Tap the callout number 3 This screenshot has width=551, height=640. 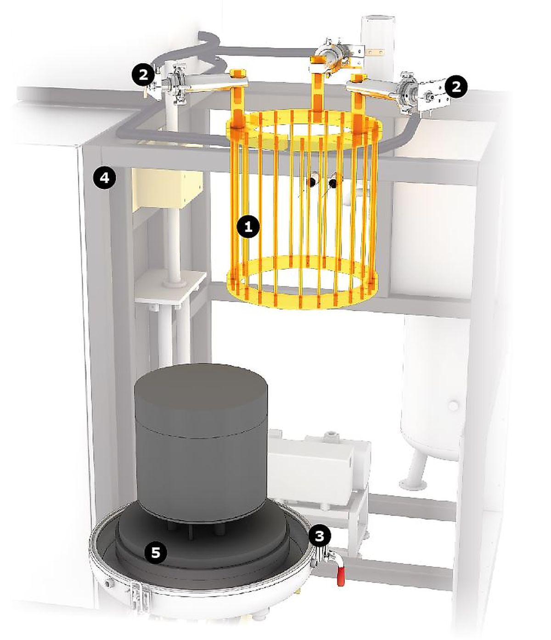click(319, 536)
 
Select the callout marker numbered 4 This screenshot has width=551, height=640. click(105, 178)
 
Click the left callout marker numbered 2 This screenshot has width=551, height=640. click(143, 74)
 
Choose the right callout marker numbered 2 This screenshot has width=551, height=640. click(456, 87)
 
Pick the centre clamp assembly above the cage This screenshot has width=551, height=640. click(336, 56)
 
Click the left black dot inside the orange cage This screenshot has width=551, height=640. click(312, 182)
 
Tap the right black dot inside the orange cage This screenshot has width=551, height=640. click(333, 184)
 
